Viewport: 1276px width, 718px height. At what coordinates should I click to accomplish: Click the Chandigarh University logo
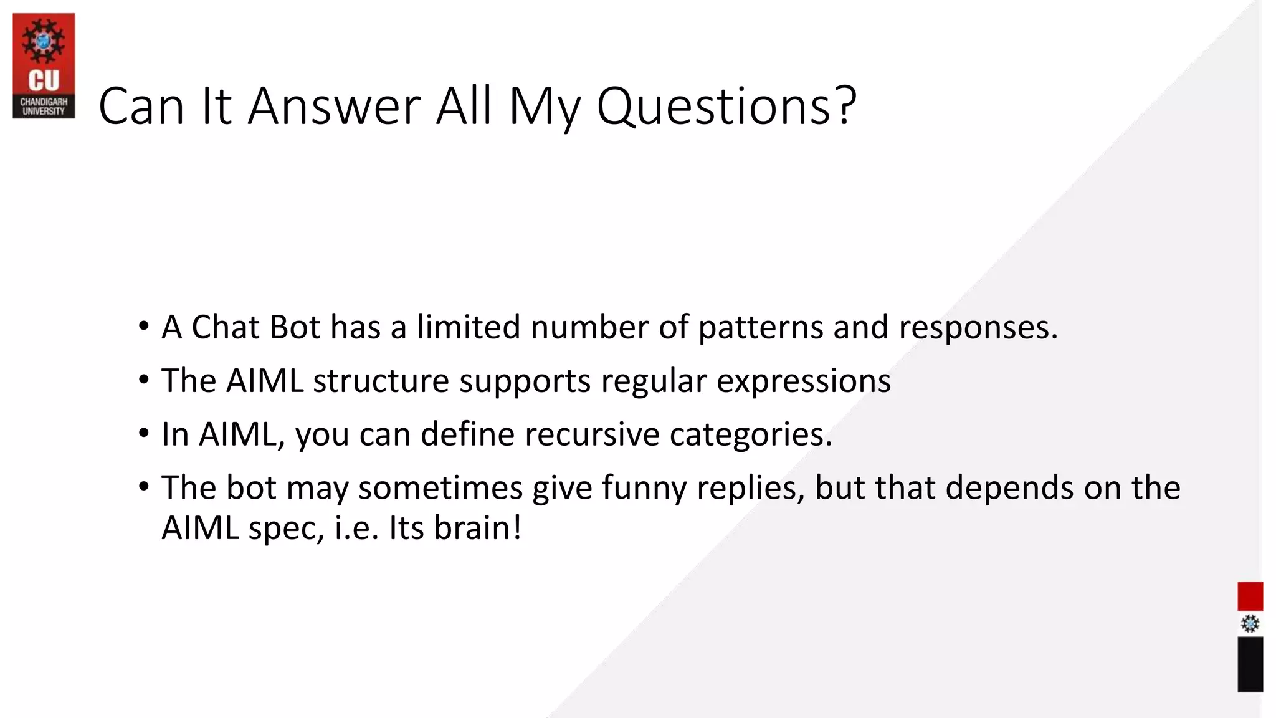point(44,65)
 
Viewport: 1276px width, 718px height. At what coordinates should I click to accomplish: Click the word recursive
point(592,434)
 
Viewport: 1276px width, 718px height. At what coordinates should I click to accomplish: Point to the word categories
point(751,435)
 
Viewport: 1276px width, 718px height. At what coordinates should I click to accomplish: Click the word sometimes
point(440,487)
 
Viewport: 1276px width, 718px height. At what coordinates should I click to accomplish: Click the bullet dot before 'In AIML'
point(144,433)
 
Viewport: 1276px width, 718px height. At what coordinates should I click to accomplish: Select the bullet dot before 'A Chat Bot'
point(144,326)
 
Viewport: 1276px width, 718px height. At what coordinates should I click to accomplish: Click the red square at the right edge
point(1250,596)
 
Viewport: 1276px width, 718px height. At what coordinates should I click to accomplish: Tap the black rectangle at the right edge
point(1250,664)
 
